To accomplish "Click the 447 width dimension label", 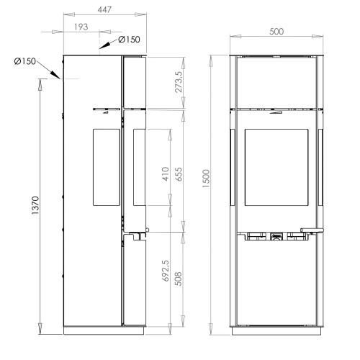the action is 104,9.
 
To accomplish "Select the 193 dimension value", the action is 81,27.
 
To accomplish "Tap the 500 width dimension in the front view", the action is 276,32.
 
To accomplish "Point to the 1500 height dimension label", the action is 206,179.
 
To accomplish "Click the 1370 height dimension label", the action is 35,205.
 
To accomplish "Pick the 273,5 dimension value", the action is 179,82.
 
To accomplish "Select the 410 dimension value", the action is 166,174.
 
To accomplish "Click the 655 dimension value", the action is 179,174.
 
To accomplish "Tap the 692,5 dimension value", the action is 166,271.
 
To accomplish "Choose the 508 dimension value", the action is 178,279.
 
